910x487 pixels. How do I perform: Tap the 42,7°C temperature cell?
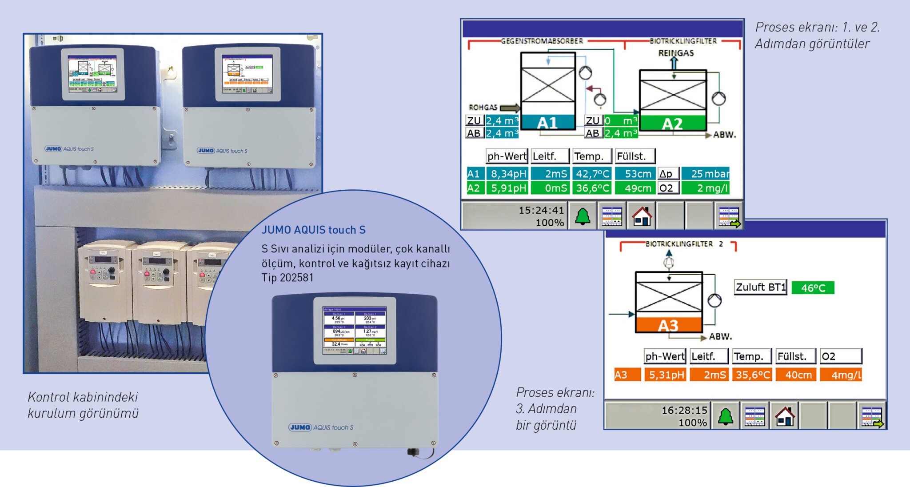[x=593, y=174]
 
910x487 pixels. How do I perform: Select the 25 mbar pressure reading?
[x=706, y=174]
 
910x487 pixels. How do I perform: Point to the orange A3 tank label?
[x=668, y=325]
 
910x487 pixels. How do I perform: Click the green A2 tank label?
[x=672, y=123]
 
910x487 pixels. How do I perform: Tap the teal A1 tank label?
[x=547, y=122]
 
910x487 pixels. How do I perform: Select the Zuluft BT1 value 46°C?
[x=813, y=288]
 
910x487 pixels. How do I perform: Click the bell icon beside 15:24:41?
[x=583, y=216]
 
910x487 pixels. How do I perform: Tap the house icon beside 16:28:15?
[x=785, y=416]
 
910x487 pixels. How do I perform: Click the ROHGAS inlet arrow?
[x=510, y=108]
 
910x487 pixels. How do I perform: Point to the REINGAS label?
[x=676, y=53]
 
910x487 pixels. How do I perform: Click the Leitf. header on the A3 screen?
[x=709, y=356]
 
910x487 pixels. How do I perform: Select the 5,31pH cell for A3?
[x=666, y=375]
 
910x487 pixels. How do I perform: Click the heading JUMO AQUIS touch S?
[x=313, y=230]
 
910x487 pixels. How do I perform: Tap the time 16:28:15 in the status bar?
[x=684, y=410]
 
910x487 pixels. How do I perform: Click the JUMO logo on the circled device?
[x=300, y=427]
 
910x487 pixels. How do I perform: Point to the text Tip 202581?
[x=287, y=278]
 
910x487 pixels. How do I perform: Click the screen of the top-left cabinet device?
[x=92, y=74]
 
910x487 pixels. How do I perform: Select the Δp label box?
[x=668, y=174]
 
